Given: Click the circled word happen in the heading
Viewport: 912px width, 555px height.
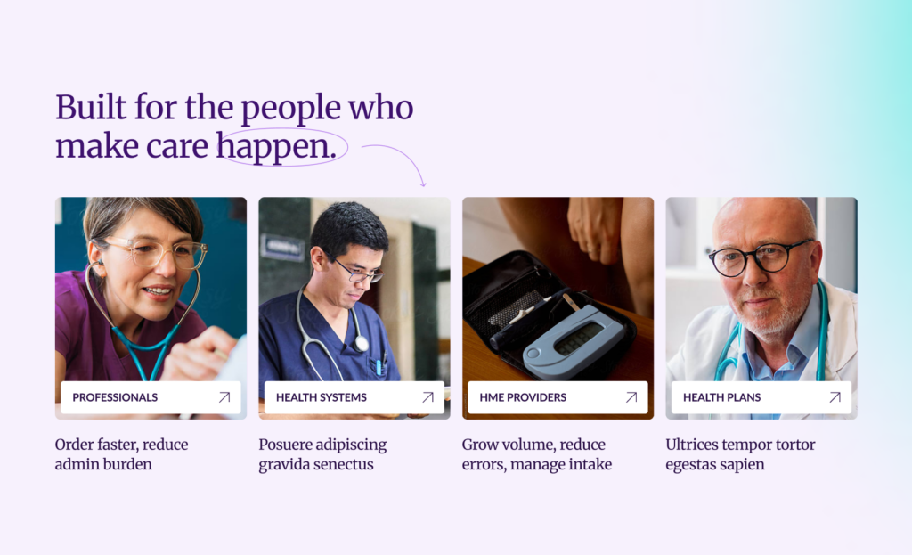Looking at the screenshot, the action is tap(277, 146).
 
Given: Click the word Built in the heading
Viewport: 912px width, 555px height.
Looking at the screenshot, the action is tap(91, 107).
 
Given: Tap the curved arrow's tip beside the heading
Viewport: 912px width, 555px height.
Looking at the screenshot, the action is tap(424, 185).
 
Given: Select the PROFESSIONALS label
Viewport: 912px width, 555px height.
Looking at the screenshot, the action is tap(115, 397).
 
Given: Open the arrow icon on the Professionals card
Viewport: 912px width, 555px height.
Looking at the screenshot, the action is tap(224, 397).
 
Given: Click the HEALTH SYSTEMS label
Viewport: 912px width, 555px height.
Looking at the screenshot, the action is tap(321, 397).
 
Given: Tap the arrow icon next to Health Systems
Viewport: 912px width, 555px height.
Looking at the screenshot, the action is tap(428, 397).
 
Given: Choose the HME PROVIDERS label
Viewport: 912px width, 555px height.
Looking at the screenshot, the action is tap(523, 397).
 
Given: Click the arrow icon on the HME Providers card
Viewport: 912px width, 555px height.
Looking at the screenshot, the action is tap(631, 397).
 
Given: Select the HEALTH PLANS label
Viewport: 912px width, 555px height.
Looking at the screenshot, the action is tap(721, 397).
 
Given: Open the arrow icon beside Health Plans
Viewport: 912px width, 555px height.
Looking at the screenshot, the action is tap(835, 397).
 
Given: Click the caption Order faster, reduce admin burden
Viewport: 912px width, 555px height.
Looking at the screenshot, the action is tap(121, 454).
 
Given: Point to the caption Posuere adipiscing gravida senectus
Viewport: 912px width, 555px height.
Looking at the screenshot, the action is tap(322, 454).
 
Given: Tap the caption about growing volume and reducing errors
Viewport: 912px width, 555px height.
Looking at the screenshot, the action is tap(537, 454).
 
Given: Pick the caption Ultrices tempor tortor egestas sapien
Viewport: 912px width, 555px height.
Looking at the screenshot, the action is tap(740, 454).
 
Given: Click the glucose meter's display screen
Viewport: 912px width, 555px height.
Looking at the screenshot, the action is tap(578, 338).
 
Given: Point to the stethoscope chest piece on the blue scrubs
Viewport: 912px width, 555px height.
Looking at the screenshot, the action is tap(362, 344).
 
